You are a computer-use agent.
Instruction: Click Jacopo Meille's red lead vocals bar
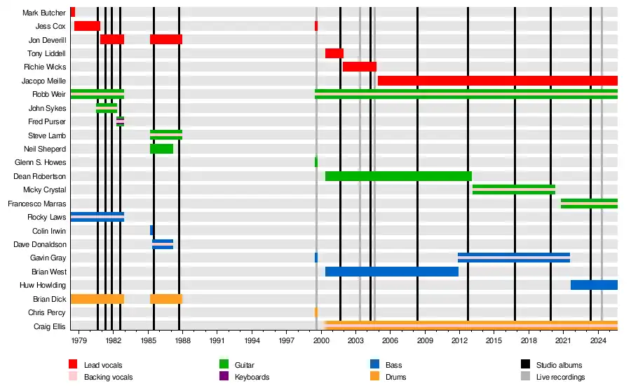[497, 81]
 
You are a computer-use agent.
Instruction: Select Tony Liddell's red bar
[334, 53]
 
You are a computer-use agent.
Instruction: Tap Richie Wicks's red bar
[359, 67]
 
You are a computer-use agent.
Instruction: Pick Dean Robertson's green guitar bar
[398, 176]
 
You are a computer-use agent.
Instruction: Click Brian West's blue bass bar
[391, 272]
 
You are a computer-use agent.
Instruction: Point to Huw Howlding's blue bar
[594, 285]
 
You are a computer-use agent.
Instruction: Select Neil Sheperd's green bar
[161, 149]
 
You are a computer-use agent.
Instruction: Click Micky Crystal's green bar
[513, 189]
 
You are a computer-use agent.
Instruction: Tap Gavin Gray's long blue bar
[513, 258]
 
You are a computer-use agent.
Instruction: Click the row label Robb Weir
[49, 95]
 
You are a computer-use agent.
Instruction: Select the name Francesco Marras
[36, 204]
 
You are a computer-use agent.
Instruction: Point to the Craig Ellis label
[50, 326]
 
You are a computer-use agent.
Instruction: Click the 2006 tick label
[390, 340]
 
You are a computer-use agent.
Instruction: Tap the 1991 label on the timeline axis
[217, 340]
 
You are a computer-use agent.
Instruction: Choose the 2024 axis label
[597, 340]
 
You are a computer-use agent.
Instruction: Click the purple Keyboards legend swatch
[224, 376]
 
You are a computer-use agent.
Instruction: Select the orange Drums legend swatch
[374, 376]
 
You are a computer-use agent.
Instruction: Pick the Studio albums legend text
[559, 365]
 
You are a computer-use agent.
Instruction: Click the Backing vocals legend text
[108, 377]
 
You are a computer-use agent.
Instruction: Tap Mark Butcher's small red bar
[72, 12]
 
